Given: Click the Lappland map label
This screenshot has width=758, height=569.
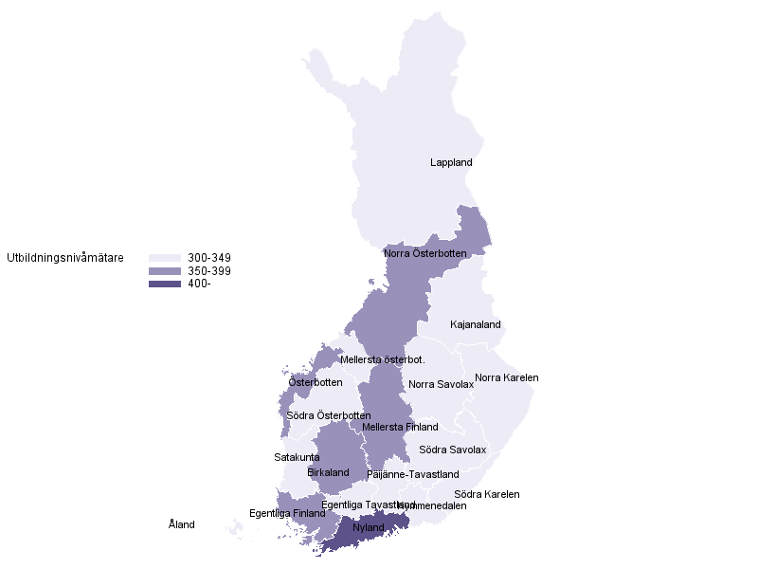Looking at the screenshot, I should (451, 163).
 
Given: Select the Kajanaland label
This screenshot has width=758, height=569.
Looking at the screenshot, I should (476, 324).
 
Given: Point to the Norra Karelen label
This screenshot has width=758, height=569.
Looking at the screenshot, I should (507, 377).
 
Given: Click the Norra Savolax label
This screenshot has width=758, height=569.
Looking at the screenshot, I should (442, 385).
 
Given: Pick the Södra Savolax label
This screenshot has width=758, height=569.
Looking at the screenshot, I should (452, 450).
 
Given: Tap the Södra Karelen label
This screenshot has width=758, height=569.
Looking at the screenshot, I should (487, 494).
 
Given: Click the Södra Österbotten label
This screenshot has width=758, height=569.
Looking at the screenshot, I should (329, 416).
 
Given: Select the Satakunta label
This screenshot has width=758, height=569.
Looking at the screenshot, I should (297, 457).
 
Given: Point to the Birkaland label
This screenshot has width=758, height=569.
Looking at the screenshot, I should (329, 472).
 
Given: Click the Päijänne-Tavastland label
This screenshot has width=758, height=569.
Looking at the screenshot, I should (413, 474).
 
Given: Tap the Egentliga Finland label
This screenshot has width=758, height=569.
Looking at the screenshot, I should (287, 513).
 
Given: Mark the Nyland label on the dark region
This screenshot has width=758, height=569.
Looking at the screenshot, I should (369, 527).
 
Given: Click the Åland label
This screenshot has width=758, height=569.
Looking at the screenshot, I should (182, 524).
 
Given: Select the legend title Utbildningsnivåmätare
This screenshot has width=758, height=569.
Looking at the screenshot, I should (64, 258).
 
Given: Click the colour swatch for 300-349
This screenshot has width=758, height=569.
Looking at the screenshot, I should (165, 258).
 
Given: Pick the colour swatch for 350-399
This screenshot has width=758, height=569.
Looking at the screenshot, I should (165, 271).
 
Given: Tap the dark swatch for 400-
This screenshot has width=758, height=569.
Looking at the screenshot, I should (165, 284).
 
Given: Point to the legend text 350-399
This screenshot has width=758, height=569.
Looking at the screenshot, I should (209, 271).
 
